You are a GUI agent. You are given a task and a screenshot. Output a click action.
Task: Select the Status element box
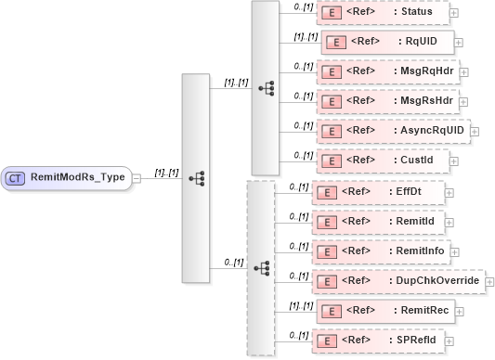click(x=382, y=13)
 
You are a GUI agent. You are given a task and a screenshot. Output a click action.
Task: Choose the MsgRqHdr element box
click(x=387, y=71)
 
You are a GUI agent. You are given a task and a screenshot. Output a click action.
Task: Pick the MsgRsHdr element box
click(x=387, y=99)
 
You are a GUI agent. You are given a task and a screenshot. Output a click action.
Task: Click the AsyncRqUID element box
click(x=393, y=130)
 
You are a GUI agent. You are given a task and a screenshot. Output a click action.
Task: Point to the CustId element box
click(x=382, y=160)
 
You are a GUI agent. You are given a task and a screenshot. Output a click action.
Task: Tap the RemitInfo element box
click(x=384, y=251)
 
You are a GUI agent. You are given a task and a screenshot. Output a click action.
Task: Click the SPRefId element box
click(x=380, y=341)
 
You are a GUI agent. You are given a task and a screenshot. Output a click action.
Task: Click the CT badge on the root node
click(x=16, y=177)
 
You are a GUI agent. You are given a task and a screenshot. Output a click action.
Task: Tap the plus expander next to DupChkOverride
click(x=490, y=281)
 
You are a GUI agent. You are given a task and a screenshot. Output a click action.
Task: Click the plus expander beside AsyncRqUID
click(x=475, y=131)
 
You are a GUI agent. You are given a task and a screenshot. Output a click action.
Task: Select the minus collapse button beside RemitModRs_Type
click(x=137, y=177)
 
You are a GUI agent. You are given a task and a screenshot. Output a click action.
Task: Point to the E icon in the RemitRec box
click(x=327, y=310)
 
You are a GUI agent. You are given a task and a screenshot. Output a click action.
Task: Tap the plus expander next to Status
click(x=453, y=14)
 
